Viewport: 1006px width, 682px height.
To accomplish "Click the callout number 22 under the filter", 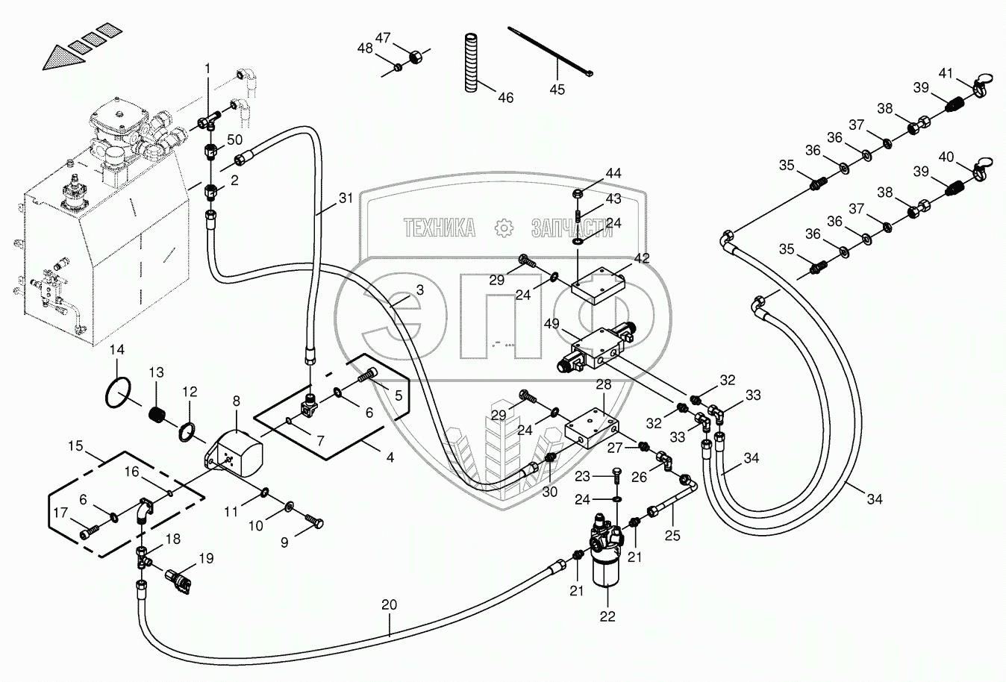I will (x=607, y=616).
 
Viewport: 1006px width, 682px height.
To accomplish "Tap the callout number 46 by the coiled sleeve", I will (x=505, y=98).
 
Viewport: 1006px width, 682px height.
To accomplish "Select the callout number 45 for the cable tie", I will (x=557, y=90).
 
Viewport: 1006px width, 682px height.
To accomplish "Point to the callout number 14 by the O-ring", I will (x=116, y=349).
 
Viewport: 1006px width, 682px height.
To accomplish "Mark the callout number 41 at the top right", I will (x=946, y=73).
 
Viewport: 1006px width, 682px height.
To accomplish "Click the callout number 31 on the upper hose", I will (x=345, y=198).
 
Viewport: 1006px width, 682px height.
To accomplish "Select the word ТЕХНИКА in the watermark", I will (x=440, y=228).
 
